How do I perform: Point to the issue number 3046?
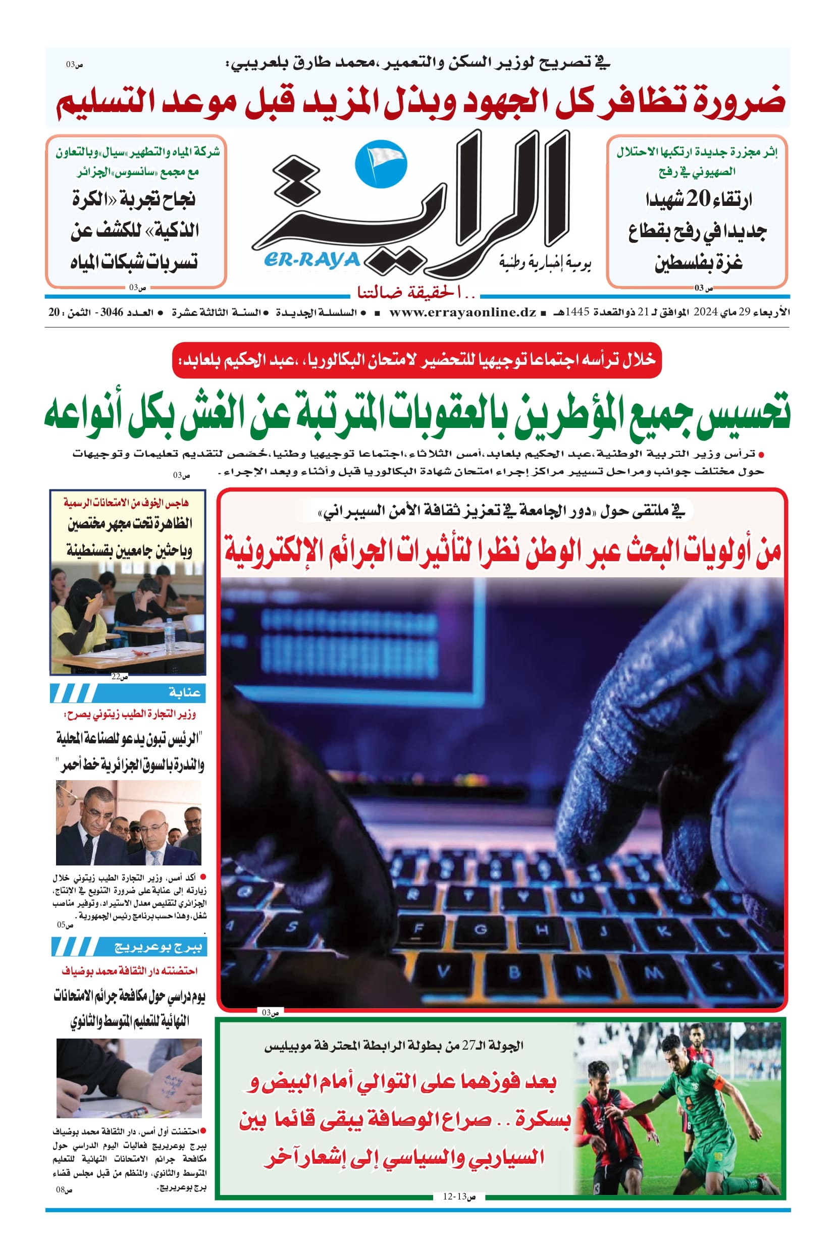112,312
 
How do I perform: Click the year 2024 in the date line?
706,312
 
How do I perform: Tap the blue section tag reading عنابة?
184,692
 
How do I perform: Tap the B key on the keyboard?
514,972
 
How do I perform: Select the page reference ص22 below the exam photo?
120,677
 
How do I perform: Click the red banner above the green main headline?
417,360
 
